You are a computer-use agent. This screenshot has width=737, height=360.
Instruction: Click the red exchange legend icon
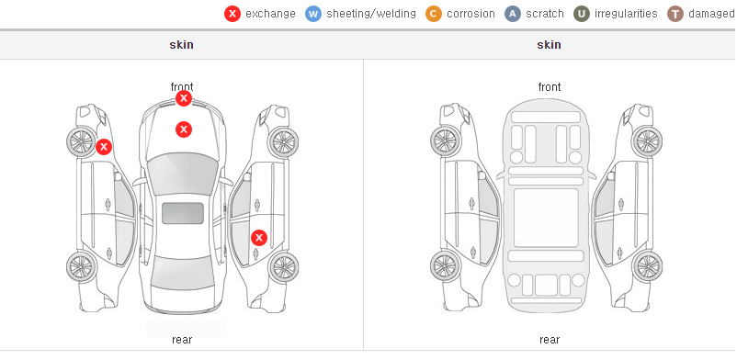pos(232,14)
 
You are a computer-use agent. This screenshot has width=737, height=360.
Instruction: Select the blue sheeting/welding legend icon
pos(313,14)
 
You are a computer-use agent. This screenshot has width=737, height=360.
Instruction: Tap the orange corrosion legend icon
pos(434,14)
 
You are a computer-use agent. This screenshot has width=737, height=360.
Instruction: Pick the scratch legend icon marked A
pos(513,14)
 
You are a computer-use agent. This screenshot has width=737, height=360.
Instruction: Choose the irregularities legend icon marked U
pos(582,14)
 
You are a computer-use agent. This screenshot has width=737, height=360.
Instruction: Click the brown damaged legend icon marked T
pos(675,14)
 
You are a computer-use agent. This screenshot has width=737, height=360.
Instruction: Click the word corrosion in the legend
pos(471,14)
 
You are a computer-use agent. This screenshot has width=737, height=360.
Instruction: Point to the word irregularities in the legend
pos(626,14)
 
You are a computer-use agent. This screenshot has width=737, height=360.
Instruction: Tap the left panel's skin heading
pos(181,45)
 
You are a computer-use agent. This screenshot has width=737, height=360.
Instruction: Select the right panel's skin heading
pos(549,45)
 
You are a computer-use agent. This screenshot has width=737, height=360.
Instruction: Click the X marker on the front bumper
pos(184,98)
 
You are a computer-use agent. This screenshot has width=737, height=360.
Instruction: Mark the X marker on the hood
pos(184,129)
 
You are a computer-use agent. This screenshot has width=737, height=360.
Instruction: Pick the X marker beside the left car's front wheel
pos(104,147)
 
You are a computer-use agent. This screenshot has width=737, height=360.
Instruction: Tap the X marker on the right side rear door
pos(259,238)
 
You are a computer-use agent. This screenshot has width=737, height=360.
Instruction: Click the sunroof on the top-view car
pos(183,213)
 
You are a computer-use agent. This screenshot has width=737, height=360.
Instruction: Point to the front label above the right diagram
pos(550,87)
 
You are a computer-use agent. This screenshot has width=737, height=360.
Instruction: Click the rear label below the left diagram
pos(182,340)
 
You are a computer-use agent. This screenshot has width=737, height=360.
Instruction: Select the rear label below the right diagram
pos(550,340)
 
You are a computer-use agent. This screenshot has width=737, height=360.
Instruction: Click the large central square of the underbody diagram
pos(546,218)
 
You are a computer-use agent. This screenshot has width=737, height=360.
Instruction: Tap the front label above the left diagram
pos(182,87)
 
